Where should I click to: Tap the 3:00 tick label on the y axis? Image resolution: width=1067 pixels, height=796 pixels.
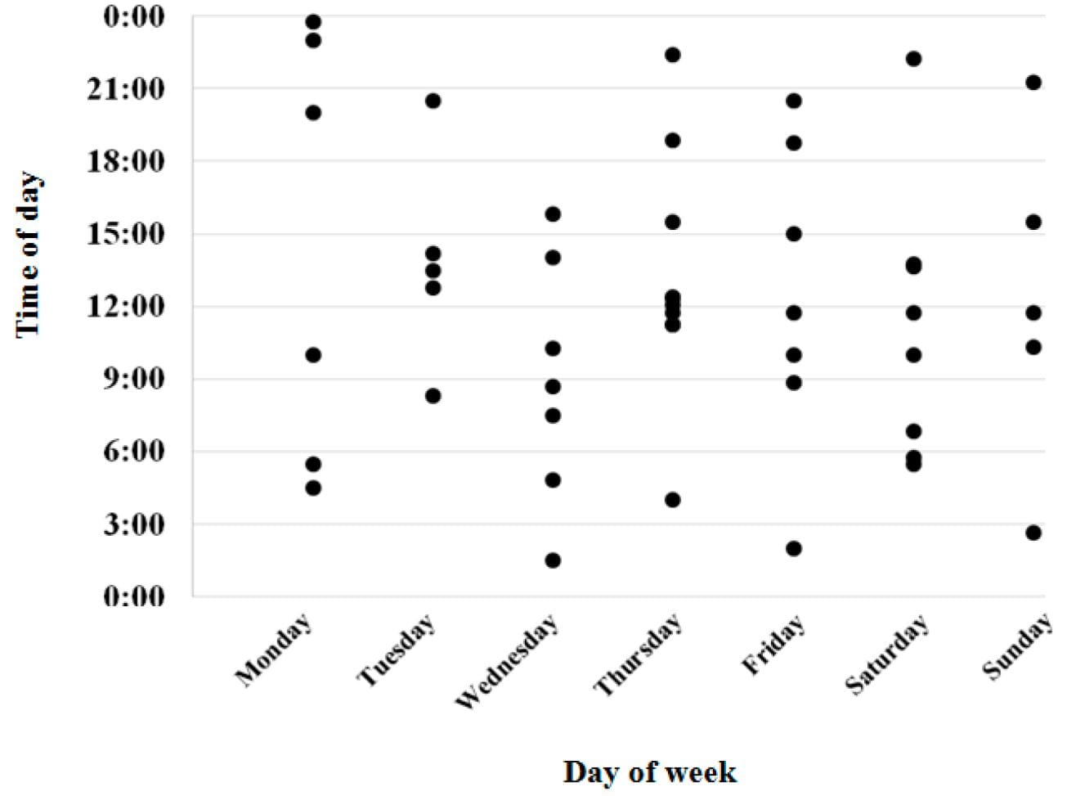click(133, 524)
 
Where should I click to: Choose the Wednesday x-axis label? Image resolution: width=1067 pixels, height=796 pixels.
click(508, 662)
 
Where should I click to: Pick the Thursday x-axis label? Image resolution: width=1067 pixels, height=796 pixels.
click(639, 656)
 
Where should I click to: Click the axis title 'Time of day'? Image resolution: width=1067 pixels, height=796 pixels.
click(29, 254)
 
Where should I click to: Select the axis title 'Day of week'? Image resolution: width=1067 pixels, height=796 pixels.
click(649, 771)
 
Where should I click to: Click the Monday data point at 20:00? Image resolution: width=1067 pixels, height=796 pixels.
click(313, 113)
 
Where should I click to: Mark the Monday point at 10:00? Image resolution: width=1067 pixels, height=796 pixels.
click(313, 355)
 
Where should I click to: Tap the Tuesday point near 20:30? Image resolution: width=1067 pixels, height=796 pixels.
click(433, 101)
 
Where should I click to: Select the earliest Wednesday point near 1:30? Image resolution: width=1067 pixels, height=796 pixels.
click(553, 560)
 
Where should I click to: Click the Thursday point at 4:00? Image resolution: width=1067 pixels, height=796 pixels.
click(673, 500)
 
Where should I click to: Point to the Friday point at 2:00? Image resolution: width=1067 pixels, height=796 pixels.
click(794, 548)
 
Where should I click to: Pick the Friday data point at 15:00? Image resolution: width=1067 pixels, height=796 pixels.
click(794, 234)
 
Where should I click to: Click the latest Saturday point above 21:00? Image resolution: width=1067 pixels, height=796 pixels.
click(914, 59)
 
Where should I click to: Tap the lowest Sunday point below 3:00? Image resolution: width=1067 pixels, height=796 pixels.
click(1033, 533)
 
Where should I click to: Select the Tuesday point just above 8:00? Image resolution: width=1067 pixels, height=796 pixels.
click(433, 396)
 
